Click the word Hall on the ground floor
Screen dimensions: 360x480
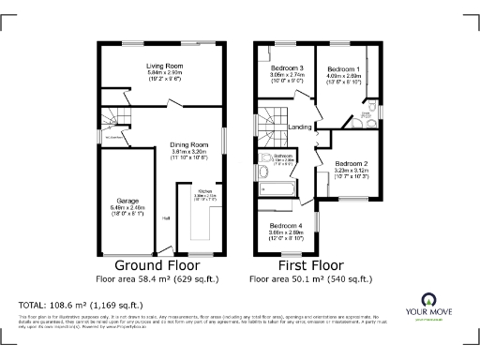click(x=166, y=218)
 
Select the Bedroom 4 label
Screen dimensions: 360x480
click(x=285, y=226)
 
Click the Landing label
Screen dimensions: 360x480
click(x=300, y=127)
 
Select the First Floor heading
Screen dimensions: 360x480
click(x=301, y=265)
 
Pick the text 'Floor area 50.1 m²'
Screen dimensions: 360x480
click(x=301, y=279)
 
